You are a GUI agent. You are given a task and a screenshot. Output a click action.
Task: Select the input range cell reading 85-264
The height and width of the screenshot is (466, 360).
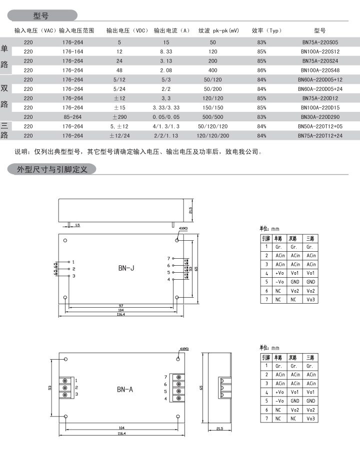point(73,116)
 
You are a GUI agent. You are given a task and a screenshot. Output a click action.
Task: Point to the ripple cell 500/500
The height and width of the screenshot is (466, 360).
point(213,116)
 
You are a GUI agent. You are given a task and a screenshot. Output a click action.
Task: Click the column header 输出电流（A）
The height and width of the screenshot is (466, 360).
point(171,30)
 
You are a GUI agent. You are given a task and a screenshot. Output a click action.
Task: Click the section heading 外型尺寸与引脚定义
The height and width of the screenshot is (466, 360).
point(52,169)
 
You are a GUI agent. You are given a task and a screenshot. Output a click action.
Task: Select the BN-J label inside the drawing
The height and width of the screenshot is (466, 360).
point(126,268)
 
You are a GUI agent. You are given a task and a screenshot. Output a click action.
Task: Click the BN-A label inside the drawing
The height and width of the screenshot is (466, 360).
point(125,389)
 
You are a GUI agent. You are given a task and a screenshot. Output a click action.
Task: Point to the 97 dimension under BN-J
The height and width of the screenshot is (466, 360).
point(121,305)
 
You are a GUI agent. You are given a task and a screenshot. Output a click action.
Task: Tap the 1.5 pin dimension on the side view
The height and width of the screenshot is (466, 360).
point(77,225)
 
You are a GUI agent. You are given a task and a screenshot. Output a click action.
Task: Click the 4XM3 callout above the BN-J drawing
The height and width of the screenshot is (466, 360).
point(183,228)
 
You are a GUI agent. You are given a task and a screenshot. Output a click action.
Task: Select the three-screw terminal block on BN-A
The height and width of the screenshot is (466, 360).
point(65,387)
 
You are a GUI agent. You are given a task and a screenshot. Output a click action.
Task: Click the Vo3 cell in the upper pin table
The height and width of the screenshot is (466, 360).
point(310,299)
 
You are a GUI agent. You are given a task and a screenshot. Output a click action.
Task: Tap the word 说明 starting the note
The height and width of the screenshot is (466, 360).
point(21,152)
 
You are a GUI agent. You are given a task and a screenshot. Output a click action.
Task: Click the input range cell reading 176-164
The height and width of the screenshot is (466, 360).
point(73,52)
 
